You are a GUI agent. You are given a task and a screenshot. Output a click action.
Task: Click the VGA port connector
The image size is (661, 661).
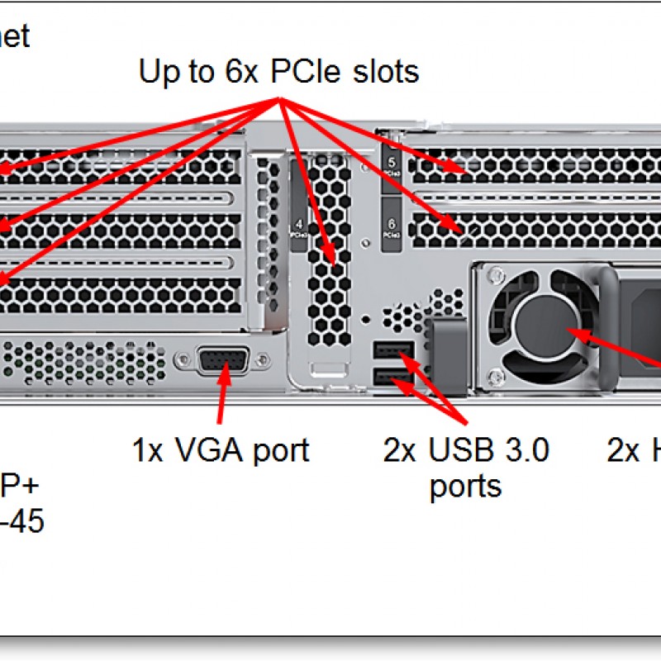click(x=221, y=361)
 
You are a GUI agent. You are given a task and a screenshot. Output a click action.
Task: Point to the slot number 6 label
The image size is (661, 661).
click(x=392, y=227)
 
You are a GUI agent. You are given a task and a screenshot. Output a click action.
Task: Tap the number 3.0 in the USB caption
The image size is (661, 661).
click(x=524, y=450)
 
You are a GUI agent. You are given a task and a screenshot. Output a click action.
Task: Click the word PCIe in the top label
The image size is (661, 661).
click(x=309, y=72)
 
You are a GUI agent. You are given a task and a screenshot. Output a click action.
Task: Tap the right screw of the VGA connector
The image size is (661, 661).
click(x=263, y=360)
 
